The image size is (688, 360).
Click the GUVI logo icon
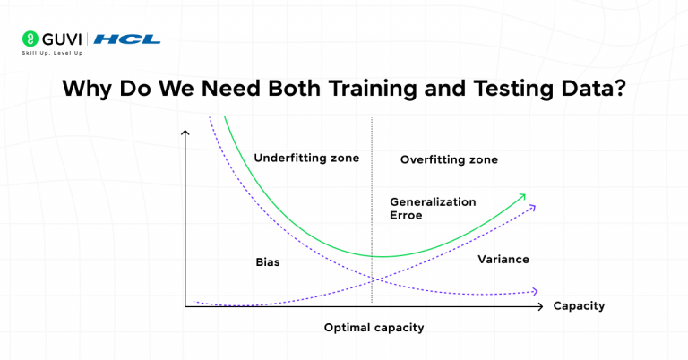pos(30,39)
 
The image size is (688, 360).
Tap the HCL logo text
pos(127,39)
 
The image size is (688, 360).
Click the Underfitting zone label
pos(306,158)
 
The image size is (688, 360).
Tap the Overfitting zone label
pos(449,159)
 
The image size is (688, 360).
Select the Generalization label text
pos(433,201)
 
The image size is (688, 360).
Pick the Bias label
pos(268,262)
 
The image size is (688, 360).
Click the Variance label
pos(503,259)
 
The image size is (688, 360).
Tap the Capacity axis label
pos(579,305)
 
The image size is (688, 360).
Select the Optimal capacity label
pos(374,328)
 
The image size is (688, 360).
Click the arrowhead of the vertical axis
pos(185,134)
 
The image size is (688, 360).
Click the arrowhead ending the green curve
pos(526,193)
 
